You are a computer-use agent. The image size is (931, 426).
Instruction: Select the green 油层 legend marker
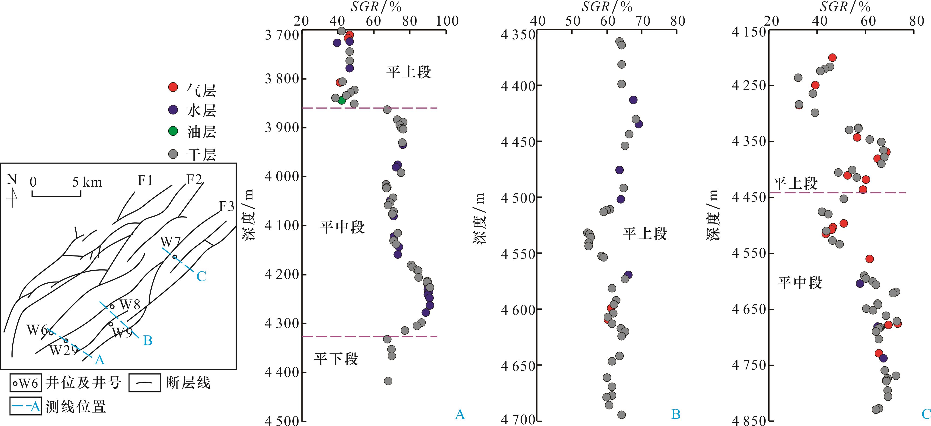coord(173,131)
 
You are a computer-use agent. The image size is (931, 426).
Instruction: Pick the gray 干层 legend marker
coord(173,154)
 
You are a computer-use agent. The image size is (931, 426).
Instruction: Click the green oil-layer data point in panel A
coord(342,101)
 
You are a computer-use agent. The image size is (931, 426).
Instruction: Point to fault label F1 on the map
coord(145,180)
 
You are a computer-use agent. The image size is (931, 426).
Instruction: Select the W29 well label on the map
coord(64,350)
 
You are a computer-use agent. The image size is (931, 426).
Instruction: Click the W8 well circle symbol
coord(112,307)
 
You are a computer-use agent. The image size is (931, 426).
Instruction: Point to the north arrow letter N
coord(12,179)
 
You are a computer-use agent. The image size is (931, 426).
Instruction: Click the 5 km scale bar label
coord(87,182)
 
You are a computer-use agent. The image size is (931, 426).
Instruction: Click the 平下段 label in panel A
coord(336,359)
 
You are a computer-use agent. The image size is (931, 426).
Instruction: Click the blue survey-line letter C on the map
coord(201,276)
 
